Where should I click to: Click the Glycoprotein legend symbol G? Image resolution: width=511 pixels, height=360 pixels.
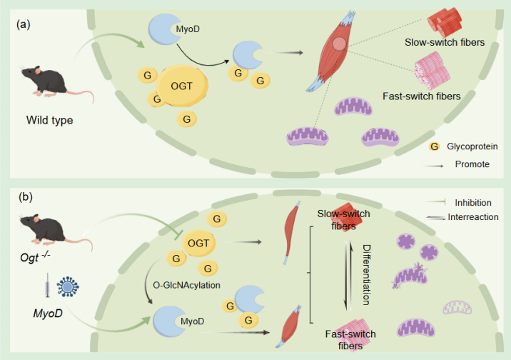[433, 146]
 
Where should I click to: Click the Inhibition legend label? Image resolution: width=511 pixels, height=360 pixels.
[472, 203]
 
